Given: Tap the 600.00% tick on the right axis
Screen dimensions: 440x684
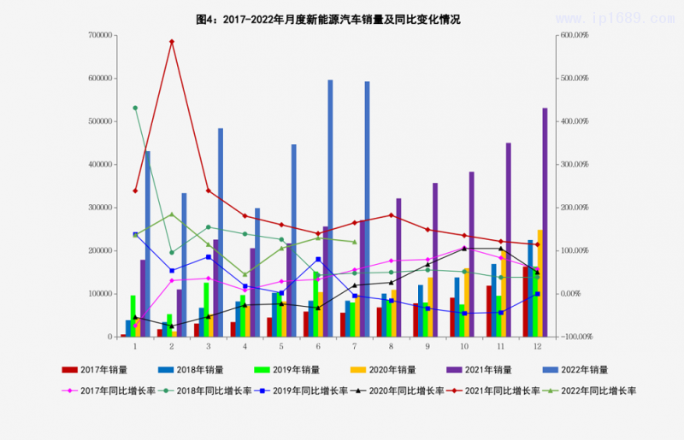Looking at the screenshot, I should coord(574,35).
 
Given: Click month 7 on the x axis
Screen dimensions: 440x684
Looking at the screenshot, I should coord(354,346).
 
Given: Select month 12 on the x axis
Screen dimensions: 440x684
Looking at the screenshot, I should coord(537,346).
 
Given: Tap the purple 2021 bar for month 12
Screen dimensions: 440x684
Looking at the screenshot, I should coord(545,222).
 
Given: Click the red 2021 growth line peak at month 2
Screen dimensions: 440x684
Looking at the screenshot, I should coord(172,41).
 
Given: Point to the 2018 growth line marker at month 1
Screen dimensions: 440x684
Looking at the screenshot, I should coord(135,108).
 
